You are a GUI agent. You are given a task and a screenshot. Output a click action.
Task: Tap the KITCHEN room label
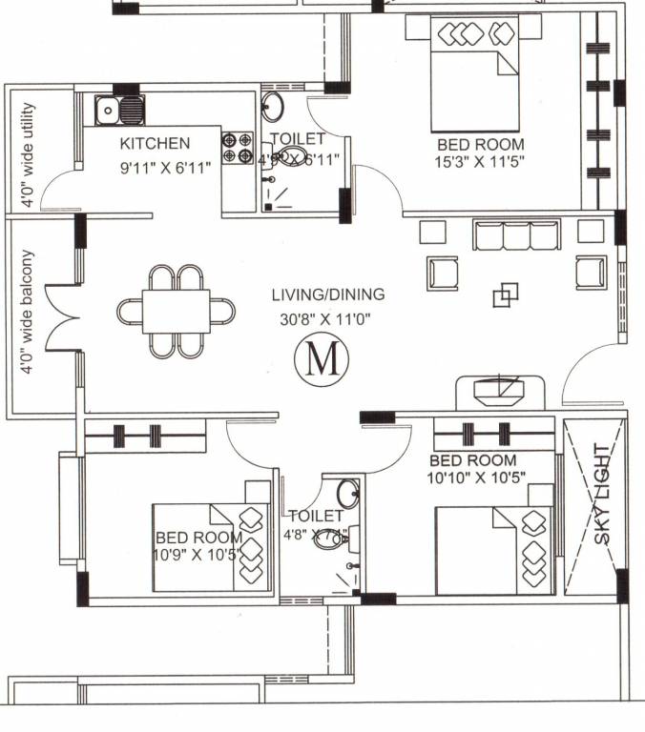(155, 143)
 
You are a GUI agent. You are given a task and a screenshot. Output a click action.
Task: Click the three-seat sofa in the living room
(515, 234)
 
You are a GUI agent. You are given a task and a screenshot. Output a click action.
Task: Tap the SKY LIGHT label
(602, 494)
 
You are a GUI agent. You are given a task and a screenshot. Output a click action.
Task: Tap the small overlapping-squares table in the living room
(506, 295)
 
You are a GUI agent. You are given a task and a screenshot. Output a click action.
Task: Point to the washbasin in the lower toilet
(348, 493)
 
